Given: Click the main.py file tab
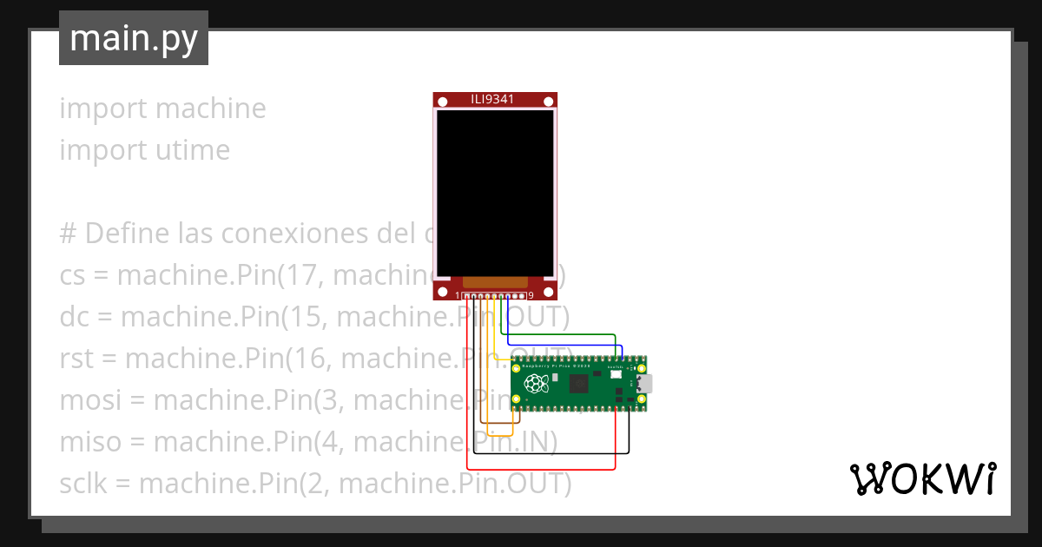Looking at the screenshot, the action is point(133,38).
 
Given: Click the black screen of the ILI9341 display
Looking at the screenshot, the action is point(495,192).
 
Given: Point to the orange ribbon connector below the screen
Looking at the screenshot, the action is point(495,282).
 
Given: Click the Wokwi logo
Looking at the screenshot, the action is point(922,478).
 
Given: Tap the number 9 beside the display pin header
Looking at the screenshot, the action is point(530,296).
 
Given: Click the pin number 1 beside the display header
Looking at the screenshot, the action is point(458,296).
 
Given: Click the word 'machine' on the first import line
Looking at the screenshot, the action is point(212,109).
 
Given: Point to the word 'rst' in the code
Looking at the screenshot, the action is point(77,359).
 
